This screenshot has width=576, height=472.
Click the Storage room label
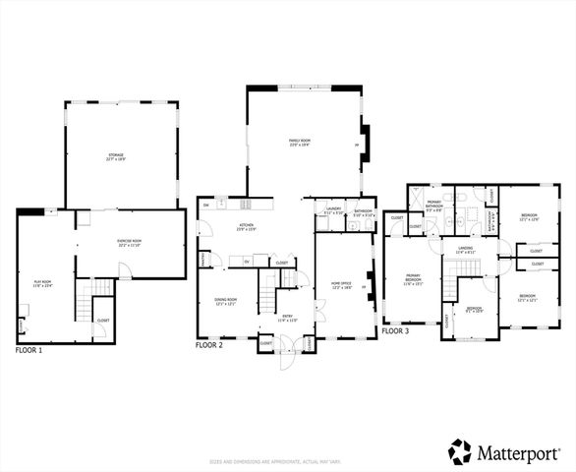(123, 156)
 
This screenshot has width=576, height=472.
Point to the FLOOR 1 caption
(34, 350)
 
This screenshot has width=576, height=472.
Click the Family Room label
(300, 143)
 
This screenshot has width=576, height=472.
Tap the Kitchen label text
(246, 227)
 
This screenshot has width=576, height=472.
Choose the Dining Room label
(226, 301)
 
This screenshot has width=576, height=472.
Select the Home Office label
(342, 286)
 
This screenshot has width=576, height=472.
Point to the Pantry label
(203, 259)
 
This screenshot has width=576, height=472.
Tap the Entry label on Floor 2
(284, 318)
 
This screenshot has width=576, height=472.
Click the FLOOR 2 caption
(214, 345)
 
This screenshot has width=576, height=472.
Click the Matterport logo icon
(460, 451)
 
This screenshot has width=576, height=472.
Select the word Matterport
(519, 452)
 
